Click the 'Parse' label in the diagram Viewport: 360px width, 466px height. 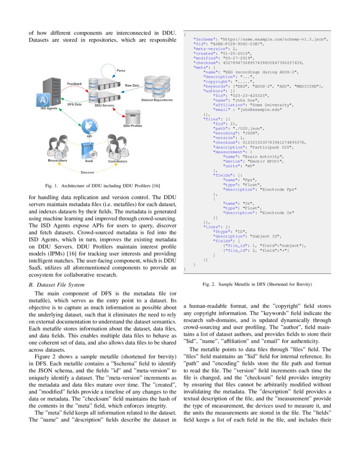121,70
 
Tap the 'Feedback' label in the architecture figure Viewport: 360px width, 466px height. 75,84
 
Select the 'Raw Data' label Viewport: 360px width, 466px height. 132,86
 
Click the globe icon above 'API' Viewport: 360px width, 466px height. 89,126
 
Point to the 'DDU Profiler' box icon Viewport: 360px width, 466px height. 133,115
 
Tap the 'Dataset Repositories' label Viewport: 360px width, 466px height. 157,100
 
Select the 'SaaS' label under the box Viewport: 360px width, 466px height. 89,161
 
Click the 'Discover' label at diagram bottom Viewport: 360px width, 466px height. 88,172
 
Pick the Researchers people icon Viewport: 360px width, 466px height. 57,147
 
